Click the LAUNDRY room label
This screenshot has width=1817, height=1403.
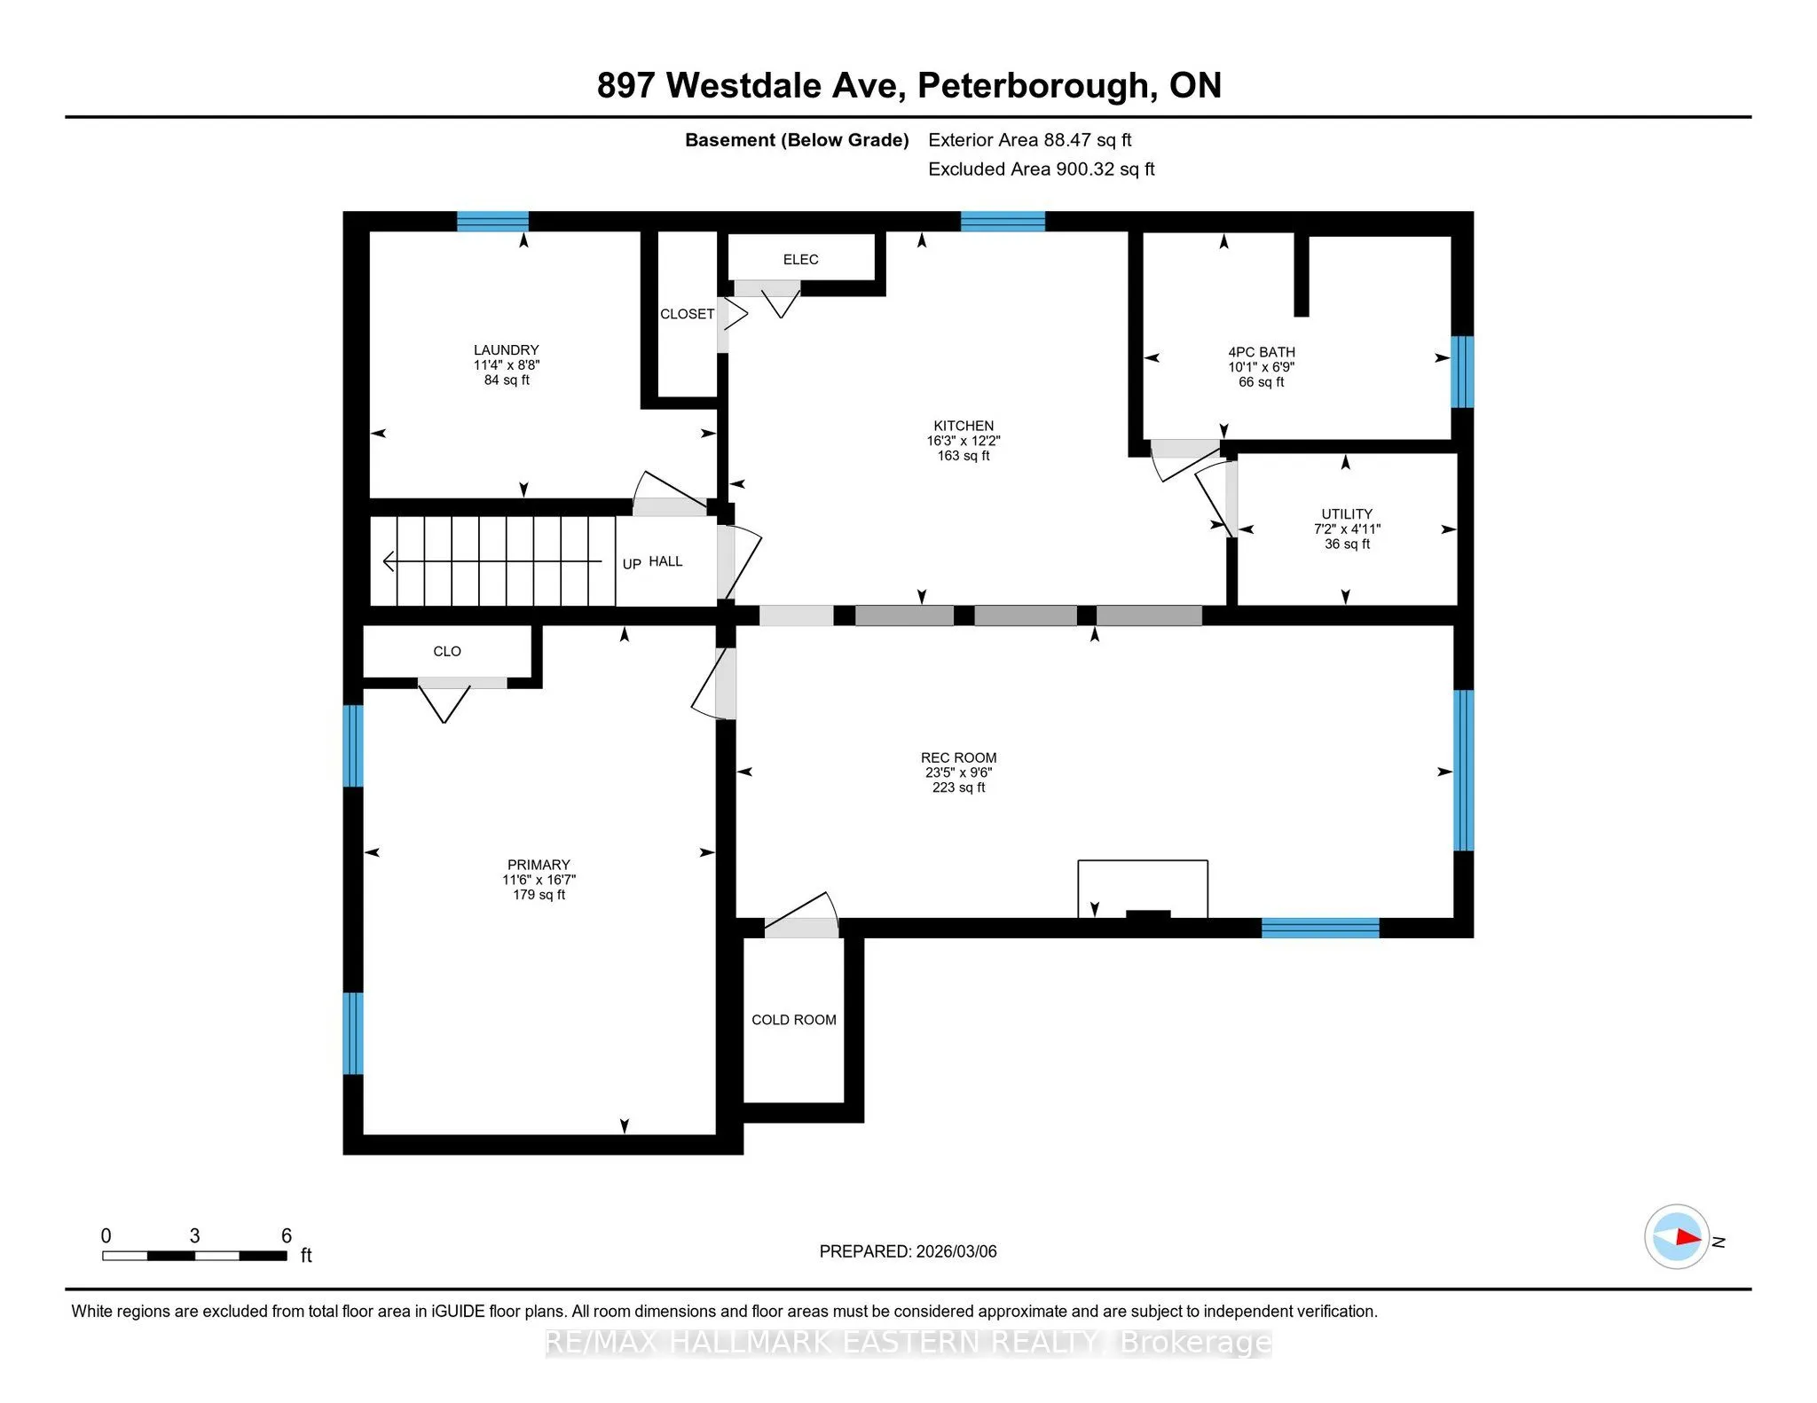506,350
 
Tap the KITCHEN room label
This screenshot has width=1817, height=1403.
964,426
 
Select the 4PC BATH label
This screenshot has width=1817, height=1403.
1261,352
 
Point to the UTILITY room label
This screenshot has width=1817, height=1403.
1347,514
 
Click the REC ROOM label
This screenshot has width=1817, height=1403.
958,758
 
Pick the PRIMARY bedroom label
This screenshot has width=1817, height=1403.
539,865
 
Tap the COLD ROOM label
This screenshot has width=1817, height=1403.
794,1020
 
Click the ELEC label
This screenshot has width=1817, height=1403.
800,260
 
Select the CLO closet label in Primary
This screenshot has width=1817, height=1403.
447,652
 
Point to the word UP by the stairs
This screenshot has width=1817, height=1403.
632,564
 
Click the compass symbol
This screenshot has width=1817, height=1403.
1677,1236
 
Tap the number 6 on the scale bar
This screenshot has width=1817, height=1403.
287,1235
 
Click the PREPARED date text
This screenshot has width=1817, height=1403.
908,1251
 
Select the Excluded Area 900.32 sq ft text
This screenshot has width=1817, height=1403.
1042,169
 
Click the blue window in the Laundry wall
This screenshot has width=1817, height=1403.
492,221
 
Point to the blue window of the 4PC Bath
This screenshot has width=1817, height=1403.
1461,372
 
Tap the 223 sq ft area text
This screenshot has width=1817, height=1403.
958,788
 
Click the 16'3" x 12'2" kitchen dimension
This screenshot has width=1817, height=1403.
964,441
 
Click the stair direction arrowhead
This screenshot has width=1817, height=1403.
388,561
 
